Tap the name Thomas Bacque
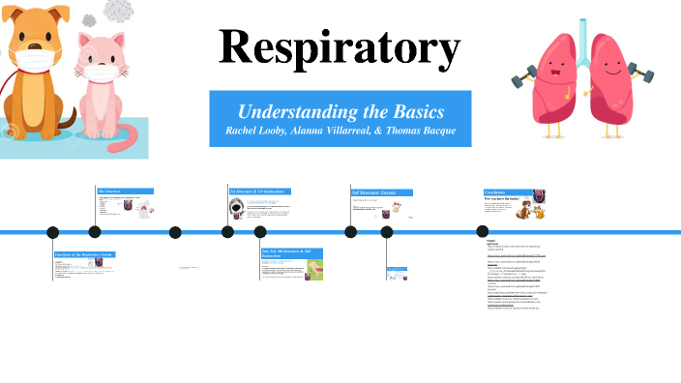[417, 131]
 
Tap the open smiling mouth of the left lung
[552, 77]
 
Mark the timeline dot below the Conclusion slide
[482, 231]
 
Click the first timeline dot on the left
[53, 231]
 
